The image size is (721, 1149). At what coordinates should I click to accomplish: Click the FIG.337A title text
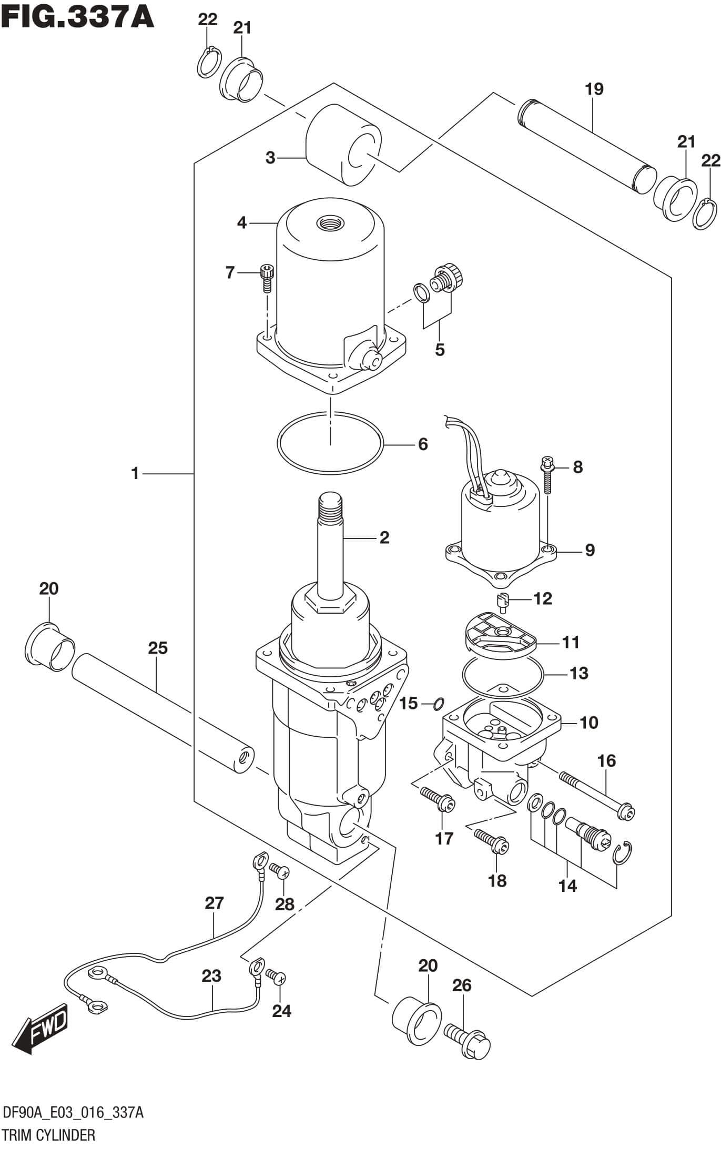pos(78,17)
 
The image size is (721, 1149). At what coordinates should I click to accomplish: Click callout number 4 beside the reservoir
pos(241,223)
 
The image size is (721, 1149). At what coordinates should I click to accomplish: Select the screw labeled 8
pos(547,475)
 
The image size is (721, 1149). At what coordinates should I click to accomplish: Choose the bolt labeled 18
pos(492,841)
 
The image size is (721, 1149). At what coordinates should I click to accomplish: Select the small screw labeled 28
pos(278,871)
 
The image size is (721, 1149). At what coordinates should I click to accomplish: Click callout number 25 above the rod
pos(158,648)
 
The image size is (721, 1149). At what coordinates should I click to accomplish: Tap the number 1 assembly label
pos(135,474)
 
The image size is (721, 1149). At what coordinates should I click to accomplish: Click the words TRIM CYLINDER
pos(49,1133)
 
